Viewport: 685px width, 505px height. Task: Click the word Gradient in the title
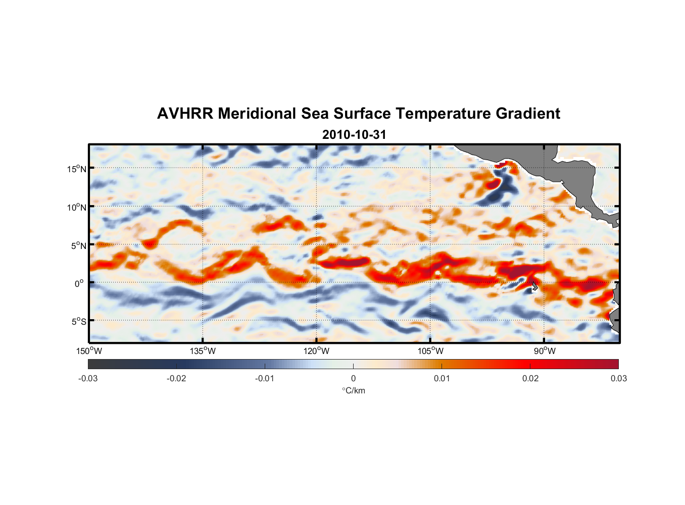[x=527, y=114]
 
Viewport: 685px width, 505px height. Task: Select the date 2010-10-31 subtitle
[x=354, y=135]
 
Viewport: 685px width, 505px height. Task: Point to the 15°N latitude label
[x=77, y=169]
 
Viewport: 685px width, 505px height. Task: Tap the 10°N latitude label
[x=77, y=207]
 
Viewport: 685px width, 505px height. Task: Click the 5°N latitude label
[x=78, y=245]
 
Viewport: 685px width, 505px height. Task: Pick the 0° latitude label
[x=79, y=283]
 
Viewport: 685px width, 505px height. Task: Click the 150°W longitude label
[x=89, y=351]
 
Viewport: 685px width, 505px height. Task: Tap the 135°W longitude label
[x=203, y=351]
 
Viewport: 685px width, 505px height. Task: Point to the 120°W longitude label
[x=317, y=351]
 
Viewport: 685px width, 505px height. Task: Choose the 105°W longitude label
[x=430, y=351]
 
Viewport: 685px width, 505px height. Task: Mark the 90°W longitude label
[x=545, y=351]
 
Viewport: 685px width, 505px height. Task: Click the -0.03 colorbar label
[x=88, y=379]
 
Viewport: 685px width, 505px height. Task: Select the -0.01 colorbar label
[x=265, y=379]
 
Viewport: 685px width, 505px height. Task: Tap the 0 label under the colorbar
[x=353, y=379]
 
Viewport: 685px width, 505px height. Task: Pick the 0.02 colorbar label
[x=530, y=379]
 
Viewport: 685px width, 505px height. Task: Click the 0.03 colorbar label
[x=618, y=379]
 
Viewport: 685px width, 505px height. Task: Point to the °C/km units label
[x=353, y=390]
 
